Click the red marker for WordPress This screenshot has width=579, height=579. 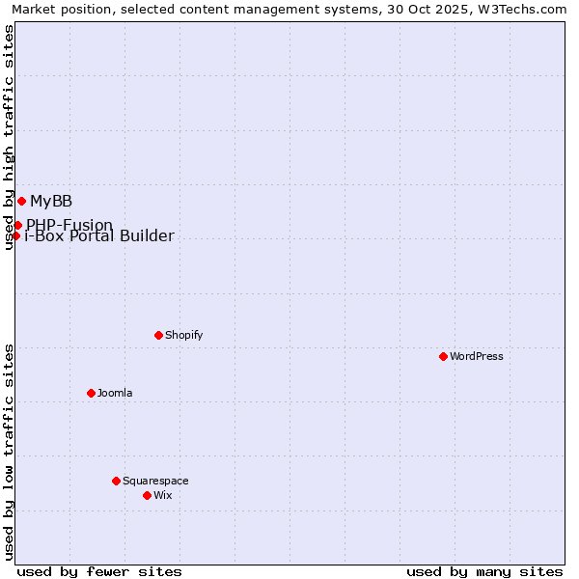(443, 356)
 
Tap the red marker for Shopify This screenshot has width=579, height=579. (158, 335)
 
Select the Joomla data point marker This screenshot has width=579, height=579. (91, 393)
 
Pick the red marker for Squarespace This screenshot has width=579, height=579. (116, 481)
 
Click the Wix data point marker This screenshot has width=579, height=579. (147, 495)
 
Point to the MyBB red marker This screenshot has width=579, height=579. (21, 201)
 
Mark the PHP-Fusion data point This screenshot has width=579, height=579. (17, 225)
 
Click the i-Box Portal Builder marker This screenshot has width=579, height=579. (15, 235)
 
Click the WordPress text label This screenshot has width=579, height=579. (477, 356)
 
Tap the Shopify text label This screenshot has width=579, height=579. (183, 335)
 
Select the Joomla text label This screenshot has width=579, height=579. (115, 393)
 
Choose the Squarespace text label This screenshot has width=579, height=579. (155, 481)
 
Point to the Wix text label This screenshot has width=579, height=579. (163, 495)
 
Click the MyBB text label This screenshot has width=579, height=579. (51, 201)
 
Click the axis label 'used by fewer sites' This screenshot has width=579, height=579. (99, 571)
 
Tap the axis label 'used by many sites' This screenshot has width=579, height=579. (484, 571)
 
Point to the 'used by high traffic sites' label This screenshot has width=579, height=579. (9, 137)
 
